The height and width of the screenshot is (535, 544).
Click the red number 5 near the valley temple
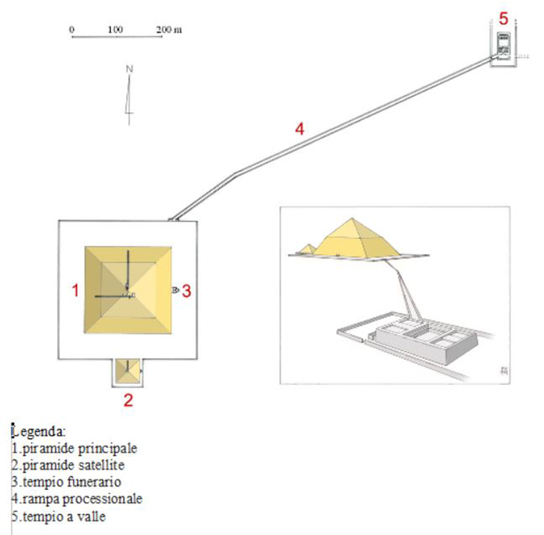[x=503, y=18]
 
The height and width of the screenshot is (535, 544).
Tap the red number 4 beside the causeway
[x=300, y=129]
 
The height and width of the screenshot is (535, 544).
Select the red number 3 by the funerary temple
[x=186, y=291]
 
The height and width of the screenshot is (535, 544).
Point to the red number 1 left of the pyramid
[x=75, y=290]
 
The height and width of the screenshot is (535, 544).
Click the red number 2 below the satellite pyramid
[x=129, y=400]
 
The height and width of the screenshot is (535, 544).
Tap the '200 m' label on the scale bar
[x=169, y=29]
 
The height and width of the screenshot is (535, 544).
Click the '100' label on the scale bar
[x=115, y=29]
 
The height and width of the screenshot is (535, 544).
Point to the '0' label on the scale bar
[x=72, y=29]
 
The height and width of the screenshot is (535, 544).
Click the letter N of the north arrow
[x=130, y=69]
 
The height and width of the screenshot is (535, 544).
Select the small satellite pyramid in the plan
[x=127, y=371]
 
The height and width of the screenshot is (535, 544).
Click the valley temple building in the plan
[x=503, y=44]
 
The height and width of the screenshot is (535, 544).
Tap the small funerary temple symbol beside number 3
[x=176, y=290]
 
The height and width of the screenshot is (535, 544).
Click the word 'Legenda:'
[x=38, y=432]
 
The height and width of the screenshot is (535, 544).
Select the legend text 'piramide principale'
[x=80, y=448]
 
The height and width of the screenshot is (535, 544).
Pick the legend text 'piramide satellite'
[x=73, y=465]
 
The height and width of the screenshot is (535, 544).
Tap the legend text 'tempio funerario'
[x=72, y=482]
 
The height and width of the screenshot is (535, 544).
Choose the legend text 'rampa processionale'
[x=82, y=499]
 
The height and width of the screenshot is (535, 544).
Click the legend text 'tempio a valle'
[x=64, y=516]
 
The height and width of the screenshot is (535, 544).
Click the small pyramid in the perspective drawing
[x=308, y=249]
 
